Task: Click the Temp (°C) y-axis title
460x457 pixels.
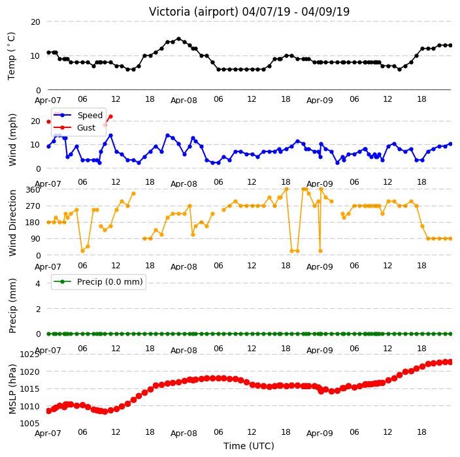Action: click(11, 56)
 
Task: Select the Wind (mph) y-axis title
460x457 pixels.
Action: click(12, 140)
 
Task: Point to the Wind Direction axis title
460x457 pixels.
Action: click(12, 223)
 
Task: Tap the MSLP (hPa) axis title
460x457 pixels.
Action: click(12, 389)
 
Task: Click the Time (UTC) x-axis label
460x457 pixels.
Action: click(249, 446)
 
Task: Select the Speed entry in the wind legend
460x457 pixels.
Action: click(90, 115)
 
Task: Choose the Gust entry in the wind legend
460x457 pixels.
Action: click(86, 128)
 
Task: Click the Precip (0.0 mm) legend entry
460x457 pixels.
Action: click(110, 282)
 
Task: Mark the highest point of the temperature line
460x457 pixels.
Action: click(178, 39)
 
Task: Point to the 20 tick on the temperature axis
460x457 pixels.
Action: click(35, 22)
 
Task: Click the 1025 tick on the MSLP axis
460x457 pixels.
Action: click(29, 355)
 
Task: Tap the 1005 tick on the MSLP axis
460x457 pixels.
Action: click(29, 423)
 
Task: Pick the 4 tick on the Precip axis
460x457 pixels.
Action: click(38, 283)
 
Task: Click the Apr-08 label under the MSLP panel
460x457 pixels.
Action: click(184, 433)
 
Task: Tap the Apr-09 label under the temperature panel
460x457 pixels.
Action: click(320, 101)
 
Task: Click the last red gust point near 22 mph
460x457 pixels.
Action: click(110, 117)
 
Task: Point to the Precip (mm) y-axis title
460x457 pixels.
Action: click(12, 306)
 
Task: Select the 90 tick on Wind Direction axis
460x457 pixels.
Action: click(35, 239)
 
